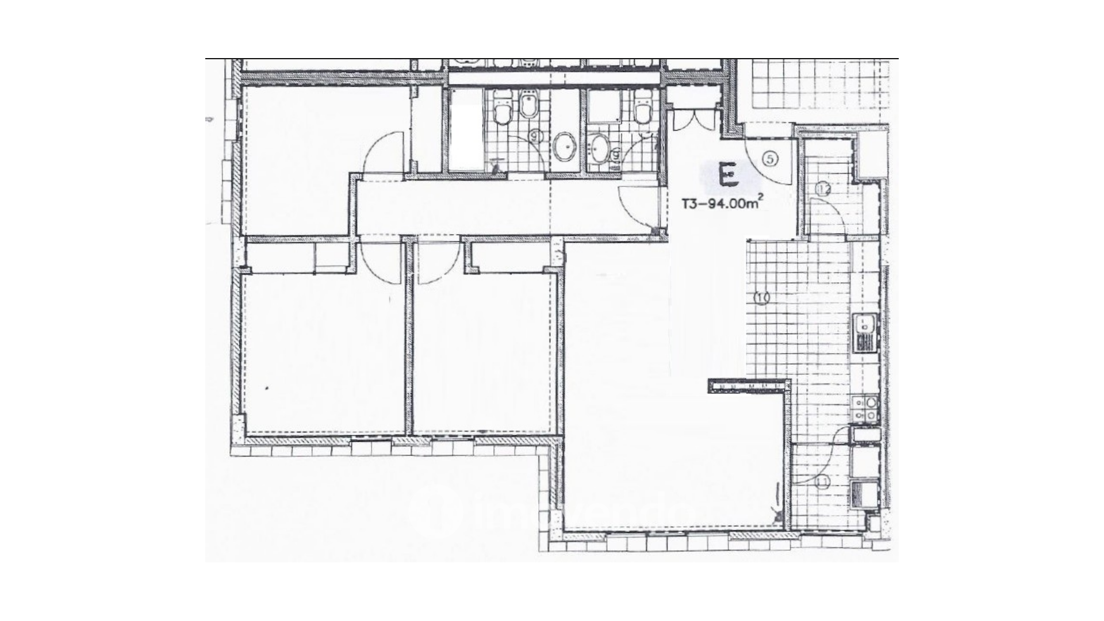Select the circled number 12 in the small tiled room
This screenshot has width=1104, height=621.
coord(823,189)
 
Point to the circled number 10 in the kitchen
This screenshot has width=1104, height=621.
coord(762,298)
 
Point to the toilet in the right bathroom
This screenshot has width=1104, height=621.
coord(642,108)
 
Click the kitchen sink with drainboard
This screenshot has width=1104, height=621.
coord(864,333)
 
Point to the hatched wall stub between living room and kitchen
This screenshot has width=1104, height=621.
coord(747,386)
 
